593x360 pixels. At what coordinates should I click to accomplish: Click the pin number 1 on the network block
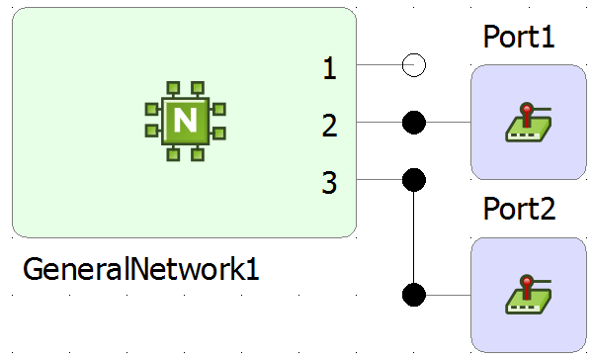point(330,68)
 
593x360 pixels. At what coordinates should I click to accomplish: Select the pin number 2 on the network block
point(330,125)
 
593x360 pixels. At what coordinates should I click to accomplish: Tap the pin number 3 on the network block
point(330,182)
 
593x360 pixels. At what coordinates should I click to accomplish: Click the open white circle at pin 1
point(414,66)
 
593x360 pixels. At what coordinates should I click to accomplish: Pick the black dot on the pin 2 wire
point(414,123)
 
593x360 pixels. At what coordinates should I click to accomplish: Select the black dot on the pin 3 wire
point(414,180)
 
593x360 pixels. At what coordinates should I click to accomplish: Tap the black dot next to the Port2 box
point(414,295)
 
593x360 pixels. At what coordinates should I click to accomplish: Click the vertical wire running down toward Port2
point(414,237)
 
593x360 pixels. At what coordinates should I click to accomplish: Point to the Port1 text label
point(519,37)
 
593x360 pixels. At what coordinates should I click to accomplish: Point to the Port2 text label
point(519,210)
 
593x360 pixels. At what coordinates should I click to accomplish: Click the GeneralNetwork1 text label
point(140,269)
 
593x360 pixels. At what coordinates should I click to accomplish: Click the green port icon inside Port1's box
point(529,123)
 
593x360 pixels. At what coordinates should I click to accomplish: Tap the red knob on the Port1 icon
point(528,107)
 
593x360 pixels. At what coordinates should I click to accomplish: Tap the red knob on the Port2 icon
point(528,281)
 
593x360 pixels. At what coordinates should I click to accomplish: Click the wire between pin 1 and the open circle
point(380,66)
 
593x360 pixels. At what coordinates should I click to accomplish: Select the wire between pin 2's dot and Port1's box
point(449,123)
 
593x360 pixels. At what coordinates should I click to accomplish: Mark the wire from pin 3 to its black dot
point(380,180)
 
